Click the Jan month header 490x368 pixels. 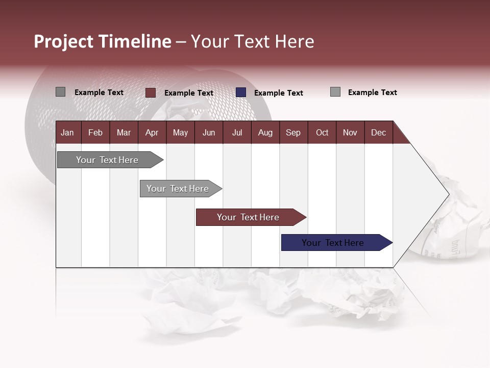(67, 132)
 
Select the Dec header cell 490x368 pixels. (378, 132)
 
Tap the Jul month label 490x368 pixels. (237, 132)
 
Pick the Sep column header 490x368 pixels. (293, 132)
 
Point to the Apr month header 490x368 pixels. (152, 132)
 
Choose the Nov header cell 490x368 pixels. (350, 132)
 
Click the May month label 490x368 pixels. (180, 132)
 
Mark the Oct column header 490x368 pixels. (322, 132)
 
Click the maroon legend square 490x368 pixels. (151, 93)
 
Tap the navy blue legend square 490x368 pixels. (241, 93)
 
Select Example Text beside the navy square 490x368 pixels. (278, 93)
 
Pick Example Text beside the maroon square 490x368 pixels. (188, 93)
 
